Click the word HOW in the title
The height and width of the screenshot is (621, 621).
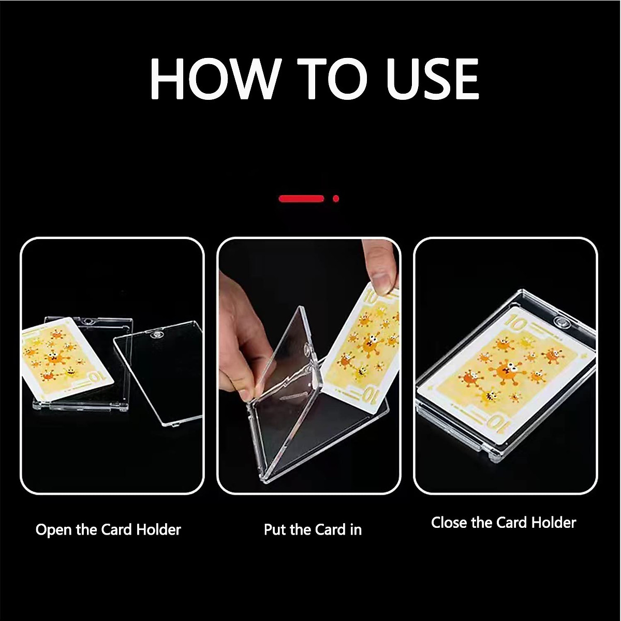point(215,79)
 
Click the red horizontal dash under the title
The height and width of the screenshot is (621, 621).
point(301,198)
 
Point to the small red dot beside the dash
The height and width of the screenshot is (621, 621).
point(336,198)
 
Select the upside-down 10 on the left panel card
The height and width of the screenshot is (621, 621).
point(96,376)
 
